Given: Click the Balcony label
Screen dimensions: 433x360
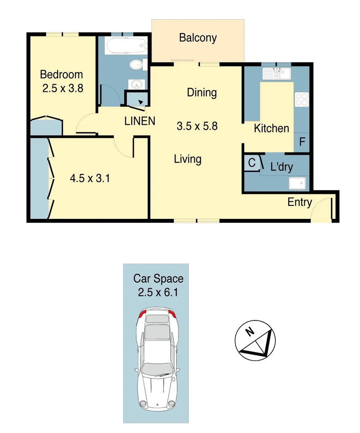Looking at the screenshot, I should [x=198, y=38].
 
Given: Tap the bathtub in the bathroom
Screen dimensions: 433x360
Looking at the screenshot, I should [x=124, y=46].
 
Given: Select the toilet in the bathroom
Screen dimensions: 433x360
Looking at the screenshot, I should [x=137, y=64].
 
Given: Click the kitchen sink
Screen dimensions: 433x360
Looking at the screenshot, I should [x=277, y=73].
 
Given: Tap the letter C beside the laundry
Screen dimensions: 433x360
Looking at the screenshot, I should [x=252, y=163].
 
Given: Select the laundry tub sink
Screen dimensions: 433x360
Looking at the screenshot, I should [x=297, y=183].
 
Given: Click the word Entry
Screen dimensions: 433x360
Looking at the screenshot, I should [x=299, y=202].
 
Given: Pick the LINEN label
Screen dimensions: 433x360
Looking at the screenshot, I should [x=140, y=121].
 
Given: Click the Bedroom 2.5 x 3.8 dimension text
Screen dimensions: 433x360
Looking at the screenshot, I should [x=63, y=88].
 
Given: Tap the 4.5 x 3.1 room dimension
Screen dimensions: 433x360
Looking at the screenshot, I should [x=90, y=178].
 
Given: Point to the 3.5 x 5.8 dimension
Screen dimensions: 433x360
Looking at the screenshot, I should [x=197, y=126].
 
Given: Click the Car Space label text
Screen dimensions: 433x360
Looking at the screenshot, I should [x=158, y=278].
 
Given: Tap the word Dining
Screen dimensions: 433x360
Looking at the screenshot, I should [x=202, y=93].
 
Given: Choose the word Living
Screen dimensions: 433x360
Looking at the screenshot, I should [x=188, y=159].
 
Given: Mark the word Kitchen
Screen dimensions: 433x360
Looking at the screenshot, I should [x=271, y=128].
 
